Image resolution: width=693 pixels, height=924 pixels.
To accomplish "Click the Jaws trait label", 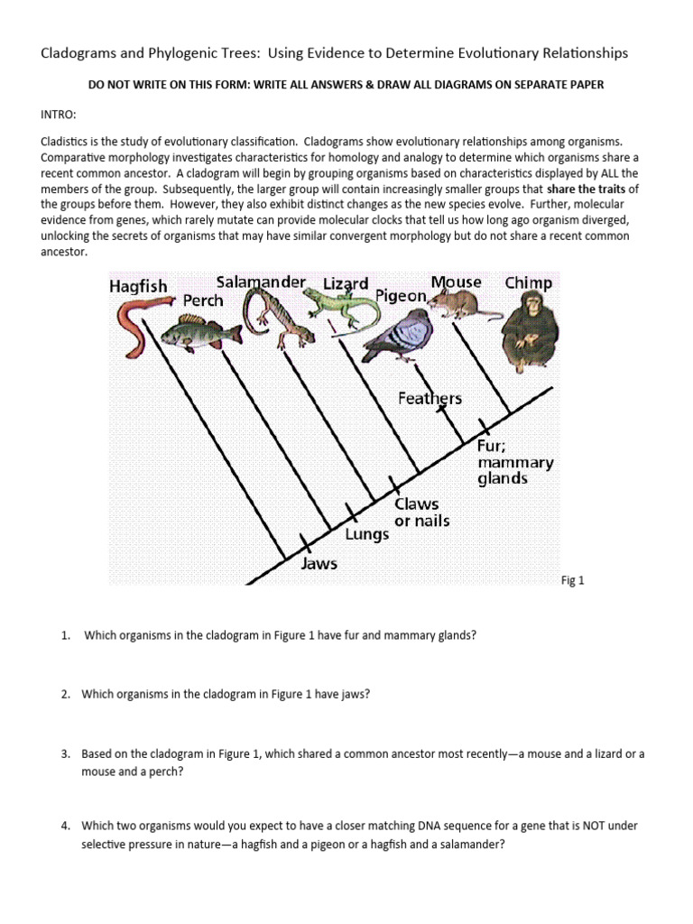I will click(319, 564).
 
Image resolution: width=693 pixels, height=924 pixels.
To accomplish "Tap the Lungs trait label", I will click(367, 534).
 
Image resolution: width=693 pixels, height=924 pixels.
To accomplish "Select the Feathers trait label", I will click(430, 398).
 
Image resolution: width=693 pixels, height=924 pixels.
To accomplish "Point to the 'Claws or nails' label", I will click(421, 513).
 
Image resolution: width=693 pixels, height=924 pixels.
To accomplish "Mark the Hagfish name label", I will click(138, 285).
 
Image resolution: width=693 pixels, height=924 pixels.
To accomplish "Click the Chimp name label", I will click(528, 282).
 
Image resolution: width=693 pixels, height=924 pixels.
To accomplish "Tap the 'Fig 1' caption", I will click(573, 581).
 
